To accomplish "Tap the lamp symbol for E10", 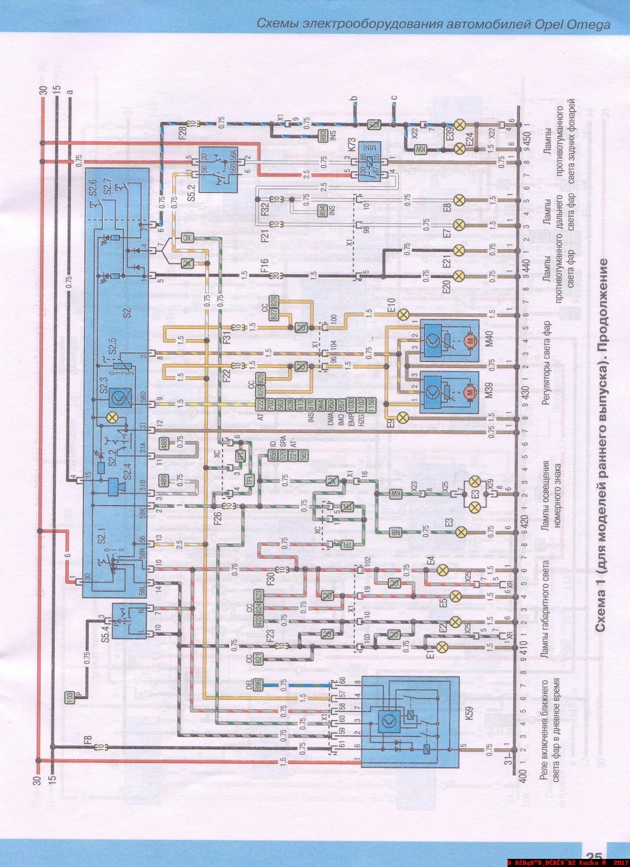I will [x=403, y=315].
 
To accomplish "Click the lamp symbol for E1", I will [x=441, y=646].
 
